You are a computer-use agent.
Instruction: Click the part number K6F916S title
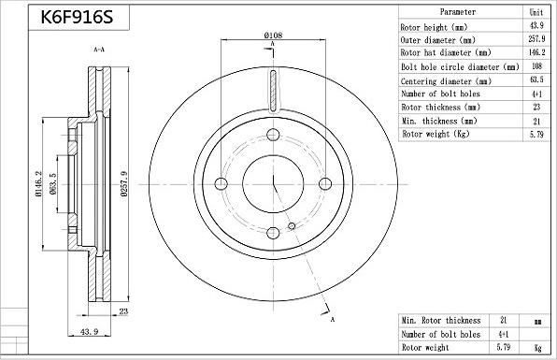pos(77,17)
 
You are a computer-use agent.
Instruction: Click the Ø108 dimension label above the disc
pos(273,36)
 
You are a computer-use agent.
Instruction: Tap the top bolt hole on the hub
pos(273,135)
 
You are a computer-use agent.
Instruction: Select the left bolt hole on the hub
pos(221,183)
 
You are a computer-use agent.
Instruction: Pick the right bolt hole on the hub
pos(325,183)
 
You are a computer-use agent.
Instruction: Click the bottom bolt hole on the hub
pos(273,233)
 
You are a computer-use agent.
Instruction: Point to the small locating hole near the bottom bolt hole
pos(292,226)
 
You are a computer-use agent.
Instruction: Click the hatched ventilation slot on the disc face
pos(273,91)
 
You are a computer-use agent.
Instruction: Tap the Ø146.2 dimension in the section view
pos(38,183)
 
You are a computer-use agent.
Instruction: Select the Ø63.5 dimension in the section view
pos(53,183)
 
